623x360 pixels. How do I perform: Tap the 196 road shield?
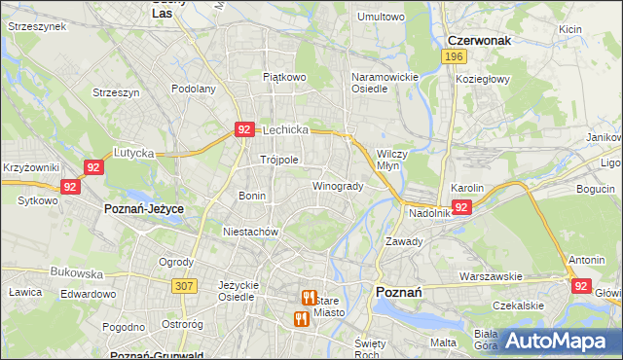[x=452, y=57]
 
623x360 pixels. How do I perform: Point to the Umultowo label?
[x=381, y=17]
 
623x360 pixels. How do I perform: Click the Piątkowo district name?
[x=284, y=76]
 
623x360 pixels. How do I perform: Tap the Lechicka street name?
[x=285, y=129]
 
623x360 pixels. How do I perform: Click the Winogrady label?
[x=338, y=186]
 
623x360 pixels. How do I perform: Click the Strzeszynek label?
[x=36, y=27]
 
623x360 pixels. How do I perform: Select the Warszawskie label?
[x=493, y=275]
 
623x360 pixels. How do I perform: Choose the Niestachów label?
[x=251, y=233]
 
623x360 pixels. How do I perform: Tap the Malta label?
[x=443, y=342]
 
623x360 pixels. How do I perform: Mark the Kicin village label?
[x=570, y=29]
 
